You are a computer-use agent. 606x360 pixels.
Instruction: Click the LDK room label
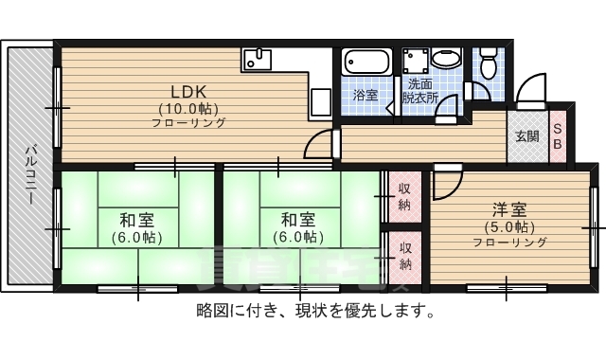pyautogui.click(x=188, y=92)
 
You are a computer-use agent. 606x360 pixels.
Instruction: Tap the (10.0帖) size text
pyautogui.click(x=188, y=108)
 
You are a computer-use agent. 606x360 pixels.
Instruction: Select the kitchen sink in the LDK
pyautogui.click(x=258, y=58)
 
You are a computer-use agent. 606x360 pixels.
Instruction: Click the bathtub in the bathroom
pyautogui.click(x=365, y=63)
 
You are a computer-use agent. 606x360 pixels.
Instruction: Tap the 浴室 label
pyautogui.click(x=365, y=96)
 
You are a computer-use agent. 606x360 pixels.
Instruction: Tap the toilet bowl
pyautogui.click(x=489, y=63)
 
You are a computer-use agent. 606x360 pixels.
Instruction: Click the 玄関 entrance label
pyautogui.click(x=527, y=135)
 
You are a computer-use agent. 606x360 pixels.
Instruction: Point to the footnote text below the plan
pyautogui.click(x=315, y=311)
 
